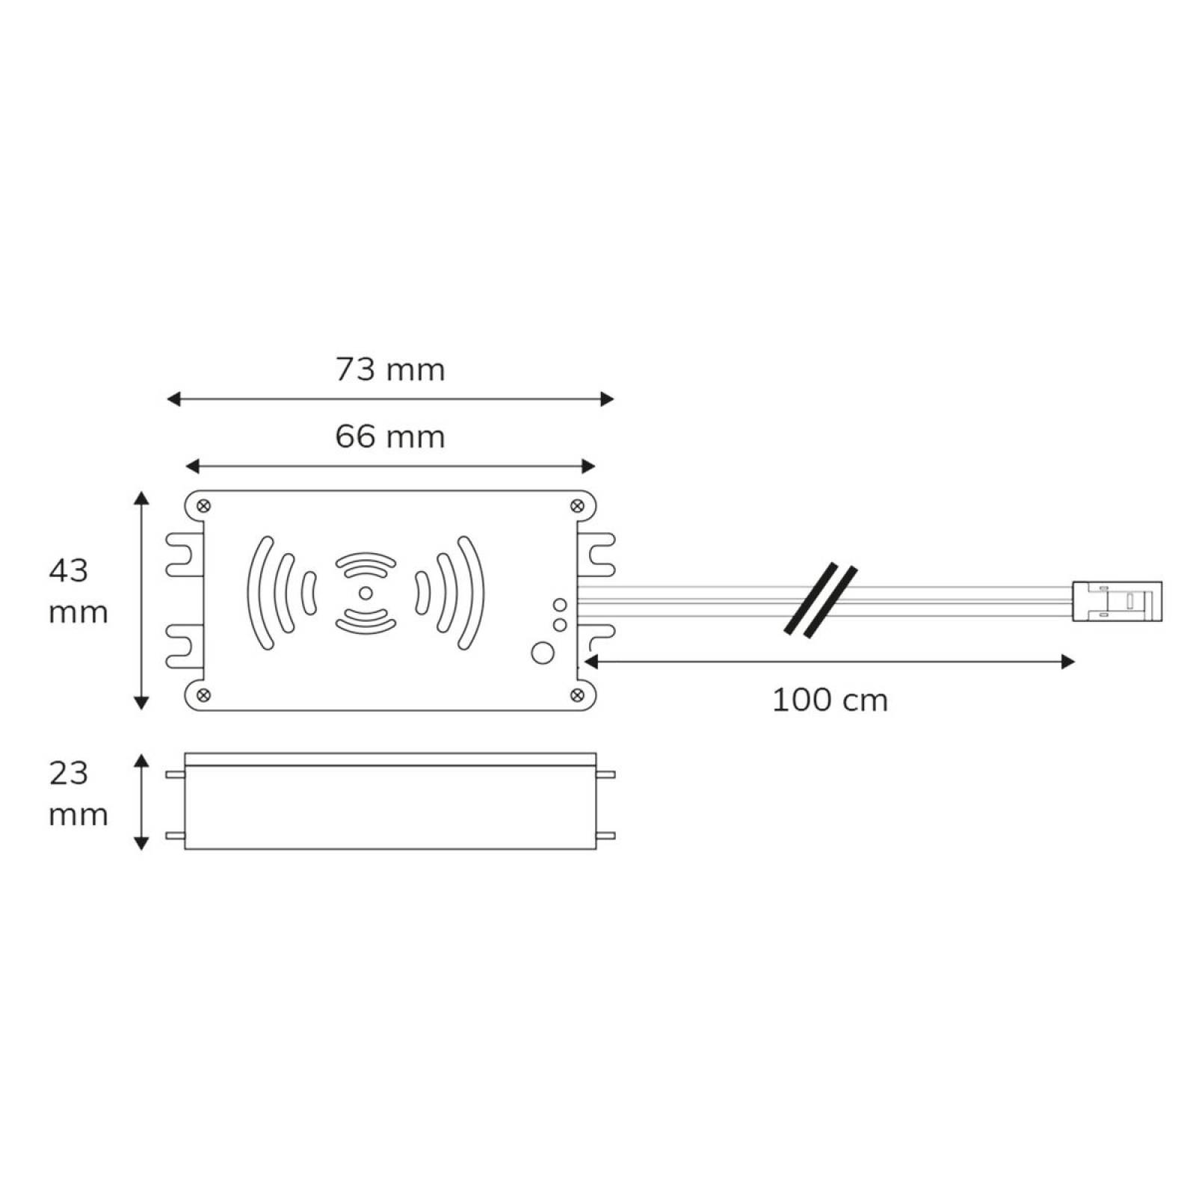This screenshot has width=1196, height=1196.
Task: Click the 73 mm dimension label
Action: (x=390, y=370)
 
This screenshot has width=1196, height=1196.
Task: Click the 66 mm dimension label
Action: (x=390, y=437)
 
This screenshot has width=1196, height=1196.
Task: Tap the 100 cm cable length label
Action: (x=830, y=701)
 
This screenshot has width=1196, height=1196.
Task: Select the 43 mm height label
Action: (x=78, y=591)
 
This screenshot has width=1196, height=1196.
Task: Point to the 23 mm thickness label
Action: (x=78, y=793)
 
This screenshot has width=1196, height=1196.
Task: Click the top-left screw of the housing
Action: (x=203, y=506)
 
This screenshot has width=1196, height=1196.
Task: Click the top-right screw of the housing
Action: (x=577, y=506)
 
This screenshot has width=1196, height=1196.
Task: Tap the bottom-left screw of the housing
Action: (x=203, y=695)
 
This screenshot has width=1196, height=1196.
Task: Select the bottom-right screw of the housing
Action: (x=577, y=695)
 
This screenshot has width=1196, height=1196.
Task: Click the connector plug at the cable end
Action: (x=1118, y=601)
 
